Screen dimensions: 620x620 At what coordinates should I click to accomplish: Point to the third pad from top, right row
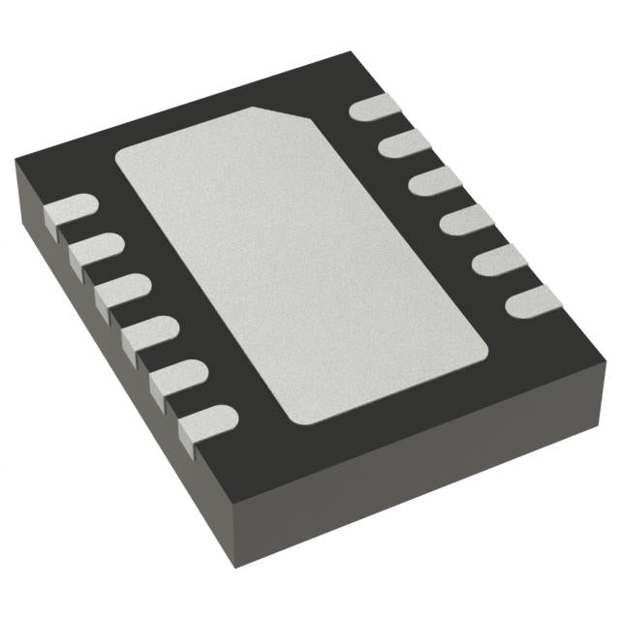427,182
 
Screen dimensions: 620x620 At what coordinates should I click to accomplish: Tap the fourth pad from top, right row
459,220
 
